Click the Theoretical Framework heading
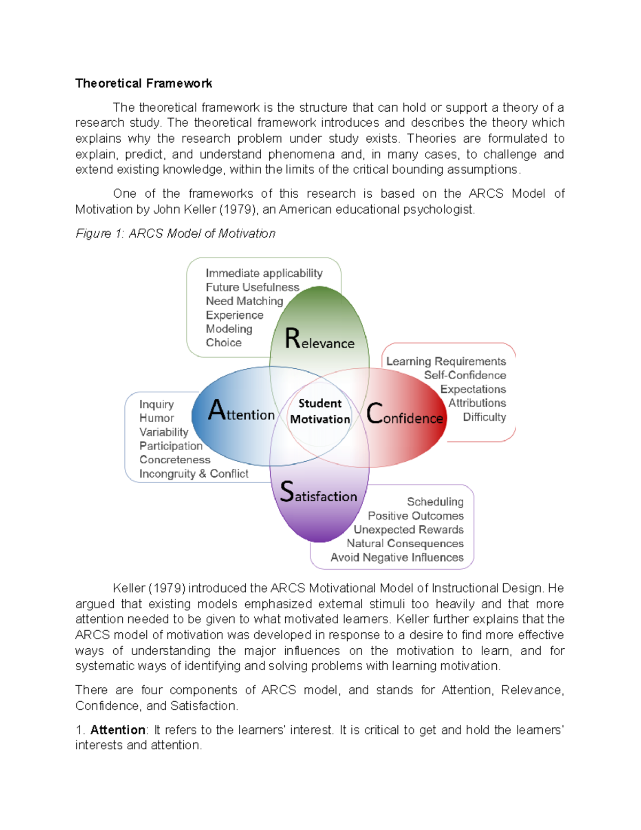point(144,83)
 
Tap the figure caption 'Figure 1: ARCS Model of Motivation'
point(175,234)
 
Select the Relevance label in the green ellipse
point(319,339)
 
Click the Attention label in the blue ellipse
point(241,412)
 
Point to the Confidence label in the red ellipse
point(404,415)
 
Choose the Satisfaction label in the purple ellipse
point(318,493)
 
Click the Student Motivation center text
point(320,411)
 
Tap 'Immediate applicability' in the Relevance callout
point(264,273)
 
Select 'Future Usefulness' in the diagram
point(252,287)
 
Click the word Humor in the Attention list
point(157,418)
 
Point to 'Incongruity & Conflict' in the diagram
point(193,474)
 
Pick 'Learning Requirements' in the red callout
point(446,361)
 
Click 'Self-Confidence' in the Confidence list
point(465,375)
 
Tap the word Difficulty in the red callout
point(484,417)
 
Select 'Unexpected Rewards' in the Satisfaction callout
point(409,530)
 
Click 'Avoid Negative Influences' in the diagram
point(397,557)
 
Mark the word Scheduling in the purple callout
point(435,502)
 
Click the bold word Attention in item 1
point(118,730)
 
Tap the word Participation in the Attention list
point(171,446)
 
